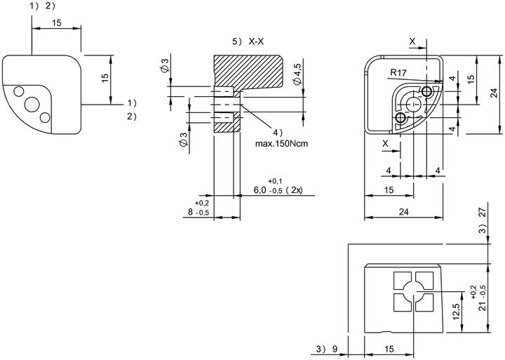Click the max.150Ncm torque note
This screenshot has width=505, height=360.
pyautogui.click(x=281, y=143)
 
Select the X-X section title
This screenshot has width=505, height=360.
pyautogui.click(x=257, y=41)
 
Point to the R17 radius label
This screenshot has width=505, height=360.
pyautogui.click(x=398, y=72)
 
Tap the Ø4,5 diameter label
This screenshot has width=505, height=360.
pyautogui.click(x=297, y=74)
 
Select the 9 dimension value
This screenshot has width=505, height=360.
pyautogui.click(x=335, y=348)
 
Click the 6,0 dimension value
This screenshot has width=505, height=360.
pyautogui.click(x=260, y=190)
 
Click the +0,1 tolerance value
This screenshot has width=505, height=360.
pyautogui.click(x=275, y=182)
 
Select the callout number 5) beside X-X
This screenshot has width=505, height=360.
pyautogui.click(x=237, y=41)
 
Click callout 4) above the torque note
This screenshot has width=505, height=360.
pyautogui.click(x=277, y=132)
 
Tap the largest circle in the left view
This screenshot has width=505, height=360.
pyautogui.click(x=32, y=105)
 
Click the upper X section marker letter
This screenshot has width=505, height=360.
pyautogui.click(x=412, y=41)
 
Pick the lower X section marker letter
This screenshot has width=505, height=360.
pyautogui.click(x=385, y=144)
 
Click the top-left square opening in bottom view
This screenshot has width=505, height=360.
pyautogui.click(x=403, y=281)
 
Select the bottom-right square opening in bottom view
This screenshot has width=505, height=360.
pyautogui.click(x=424, y=302)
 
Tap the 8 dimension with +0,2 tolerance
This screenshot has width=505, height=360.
pyautogui.click(x=190, y=212)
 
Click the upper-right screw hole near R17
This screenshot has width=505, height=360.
pyautogui.click(x=426, y=92)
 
